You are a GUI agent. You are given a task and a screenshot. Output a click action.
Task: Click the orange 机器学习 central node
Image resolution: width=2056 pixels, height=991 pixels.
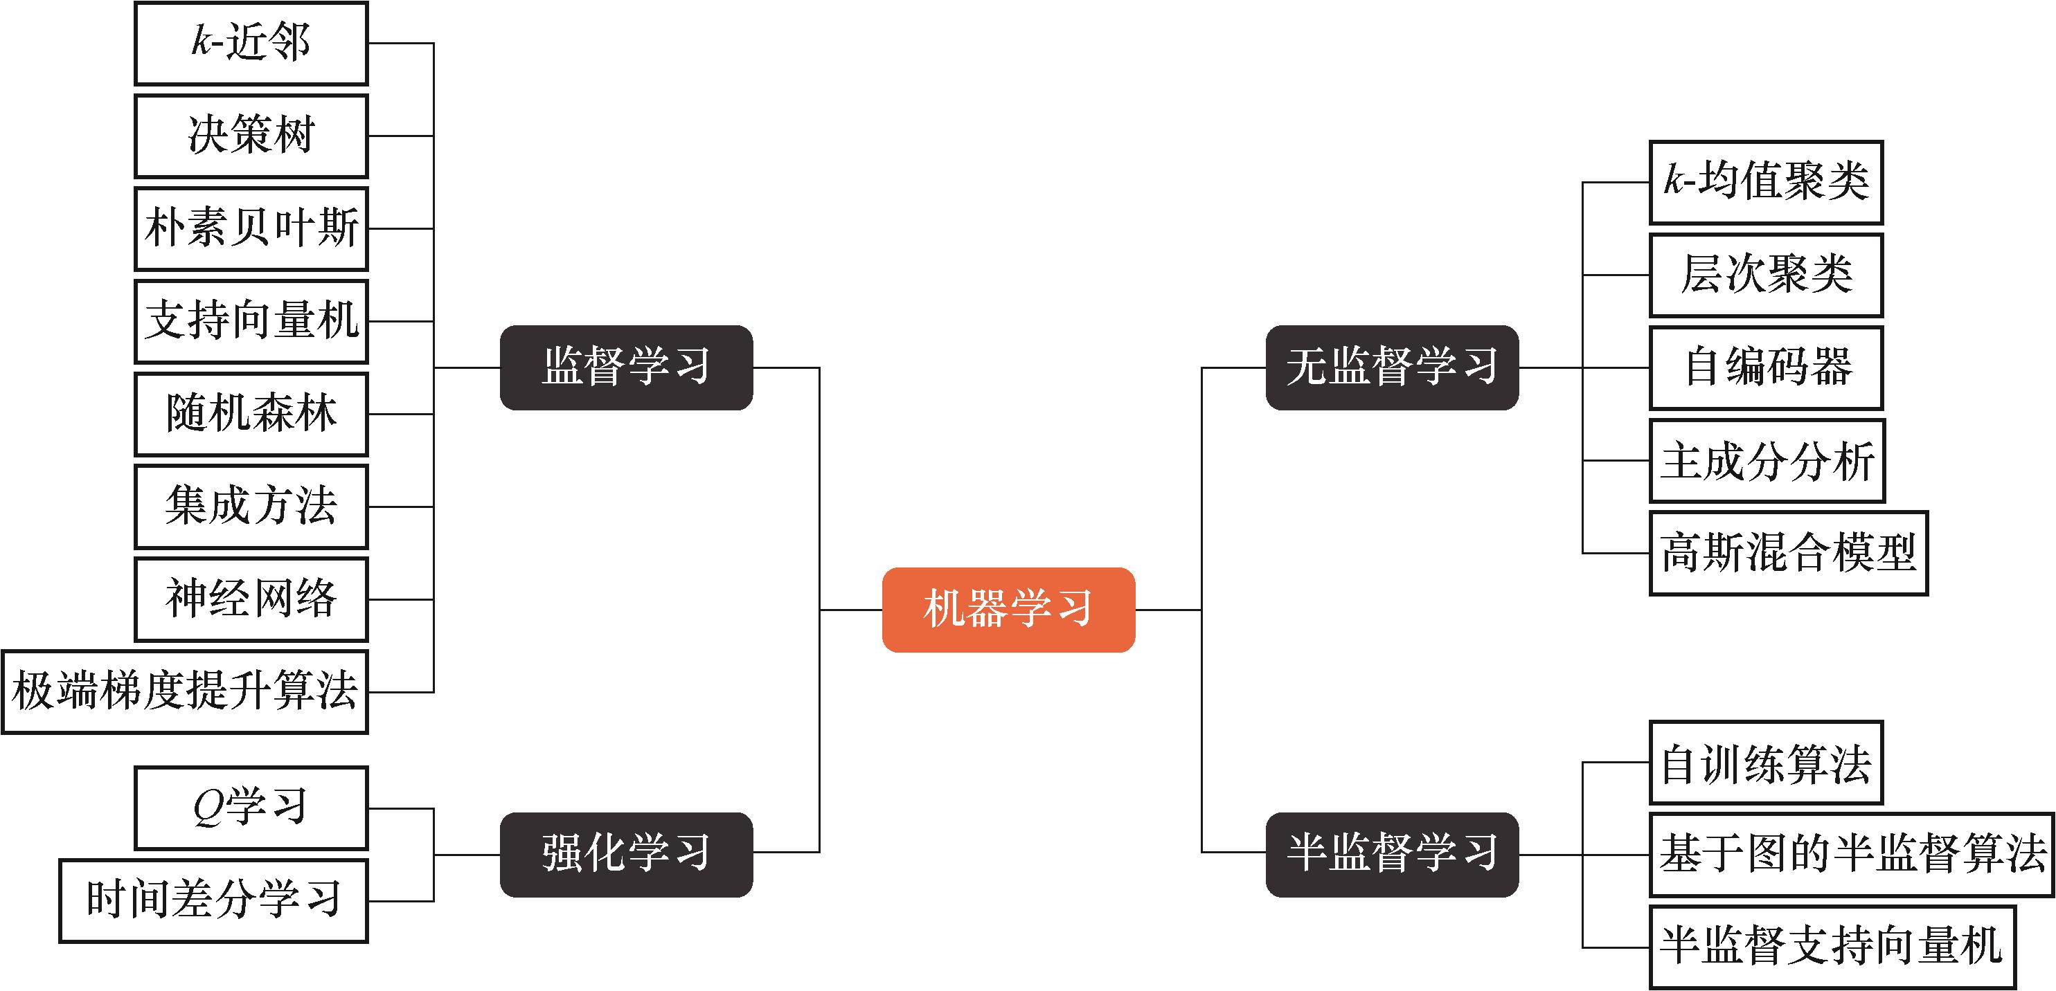[1008, 610]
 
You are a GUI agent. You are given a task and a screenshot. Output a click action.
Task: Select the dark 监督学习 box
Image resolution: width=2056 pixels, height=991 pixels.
[626, 368]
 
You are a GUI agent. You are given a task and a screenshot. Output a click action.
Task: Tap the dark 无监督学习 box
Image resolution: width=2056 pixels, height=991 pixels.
[1392, 368]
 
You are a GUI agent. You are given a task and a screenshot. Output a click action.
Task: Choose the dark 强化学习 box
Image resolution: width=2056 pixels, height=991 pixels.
[626, 854]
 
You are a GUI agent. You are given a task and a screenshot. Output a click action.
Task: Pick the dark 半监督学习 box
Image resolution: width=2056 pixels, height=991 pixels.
[1392, 854]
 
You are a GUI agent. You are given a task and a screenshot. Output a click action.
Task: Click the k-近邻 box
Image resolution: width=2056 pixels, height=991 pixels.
[251, 43]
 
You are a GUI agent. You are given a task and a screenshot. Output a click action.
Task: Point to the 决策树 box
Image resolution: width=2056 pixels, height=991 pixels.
[251, 136]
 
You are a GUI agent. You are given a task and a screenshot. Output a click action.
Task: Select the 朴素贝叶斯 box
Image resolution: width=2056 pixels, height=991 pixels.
[251, 229]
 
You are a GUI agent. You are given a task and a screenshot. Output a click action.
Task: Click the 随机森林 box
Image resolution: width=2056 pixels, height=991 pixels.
[251, 414]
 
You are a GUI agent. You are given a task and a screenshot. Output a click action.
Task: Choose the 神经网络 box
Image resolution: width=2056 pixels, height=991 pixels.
[251, 599]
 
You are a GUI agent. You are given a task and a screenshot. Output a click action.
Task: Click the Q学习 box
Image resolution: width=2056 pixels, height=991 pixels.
[251, 808]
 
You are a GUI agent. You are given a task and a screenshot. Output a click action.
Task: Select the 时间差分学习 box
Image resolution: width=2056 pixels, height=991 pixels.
[213, 901]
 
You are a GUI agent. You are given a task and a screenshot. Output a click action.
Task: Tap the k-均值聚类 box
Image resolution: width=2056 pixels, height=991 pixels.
[1765, 183]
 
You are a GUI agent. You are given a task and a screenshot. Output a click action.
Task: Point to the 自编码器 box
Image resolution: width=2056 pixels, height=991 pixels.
[1765, 368]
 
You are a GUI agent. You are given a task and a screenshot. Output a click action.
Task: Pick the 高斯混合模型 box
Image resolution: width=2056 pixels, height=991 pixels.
[1788, 553]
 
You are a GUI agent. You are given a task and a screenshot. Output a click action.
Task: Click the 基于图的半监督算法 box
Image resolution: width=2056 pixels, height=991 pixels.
[1851, 855]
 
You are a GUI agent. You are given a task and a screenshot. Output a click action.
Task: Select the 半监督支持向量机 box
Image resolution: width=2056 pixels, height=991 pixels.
[1832, 947]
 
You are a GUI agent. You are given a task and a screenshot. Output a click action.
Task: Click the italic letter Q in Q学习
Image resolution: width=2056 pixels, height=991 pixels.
[209, 808]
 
